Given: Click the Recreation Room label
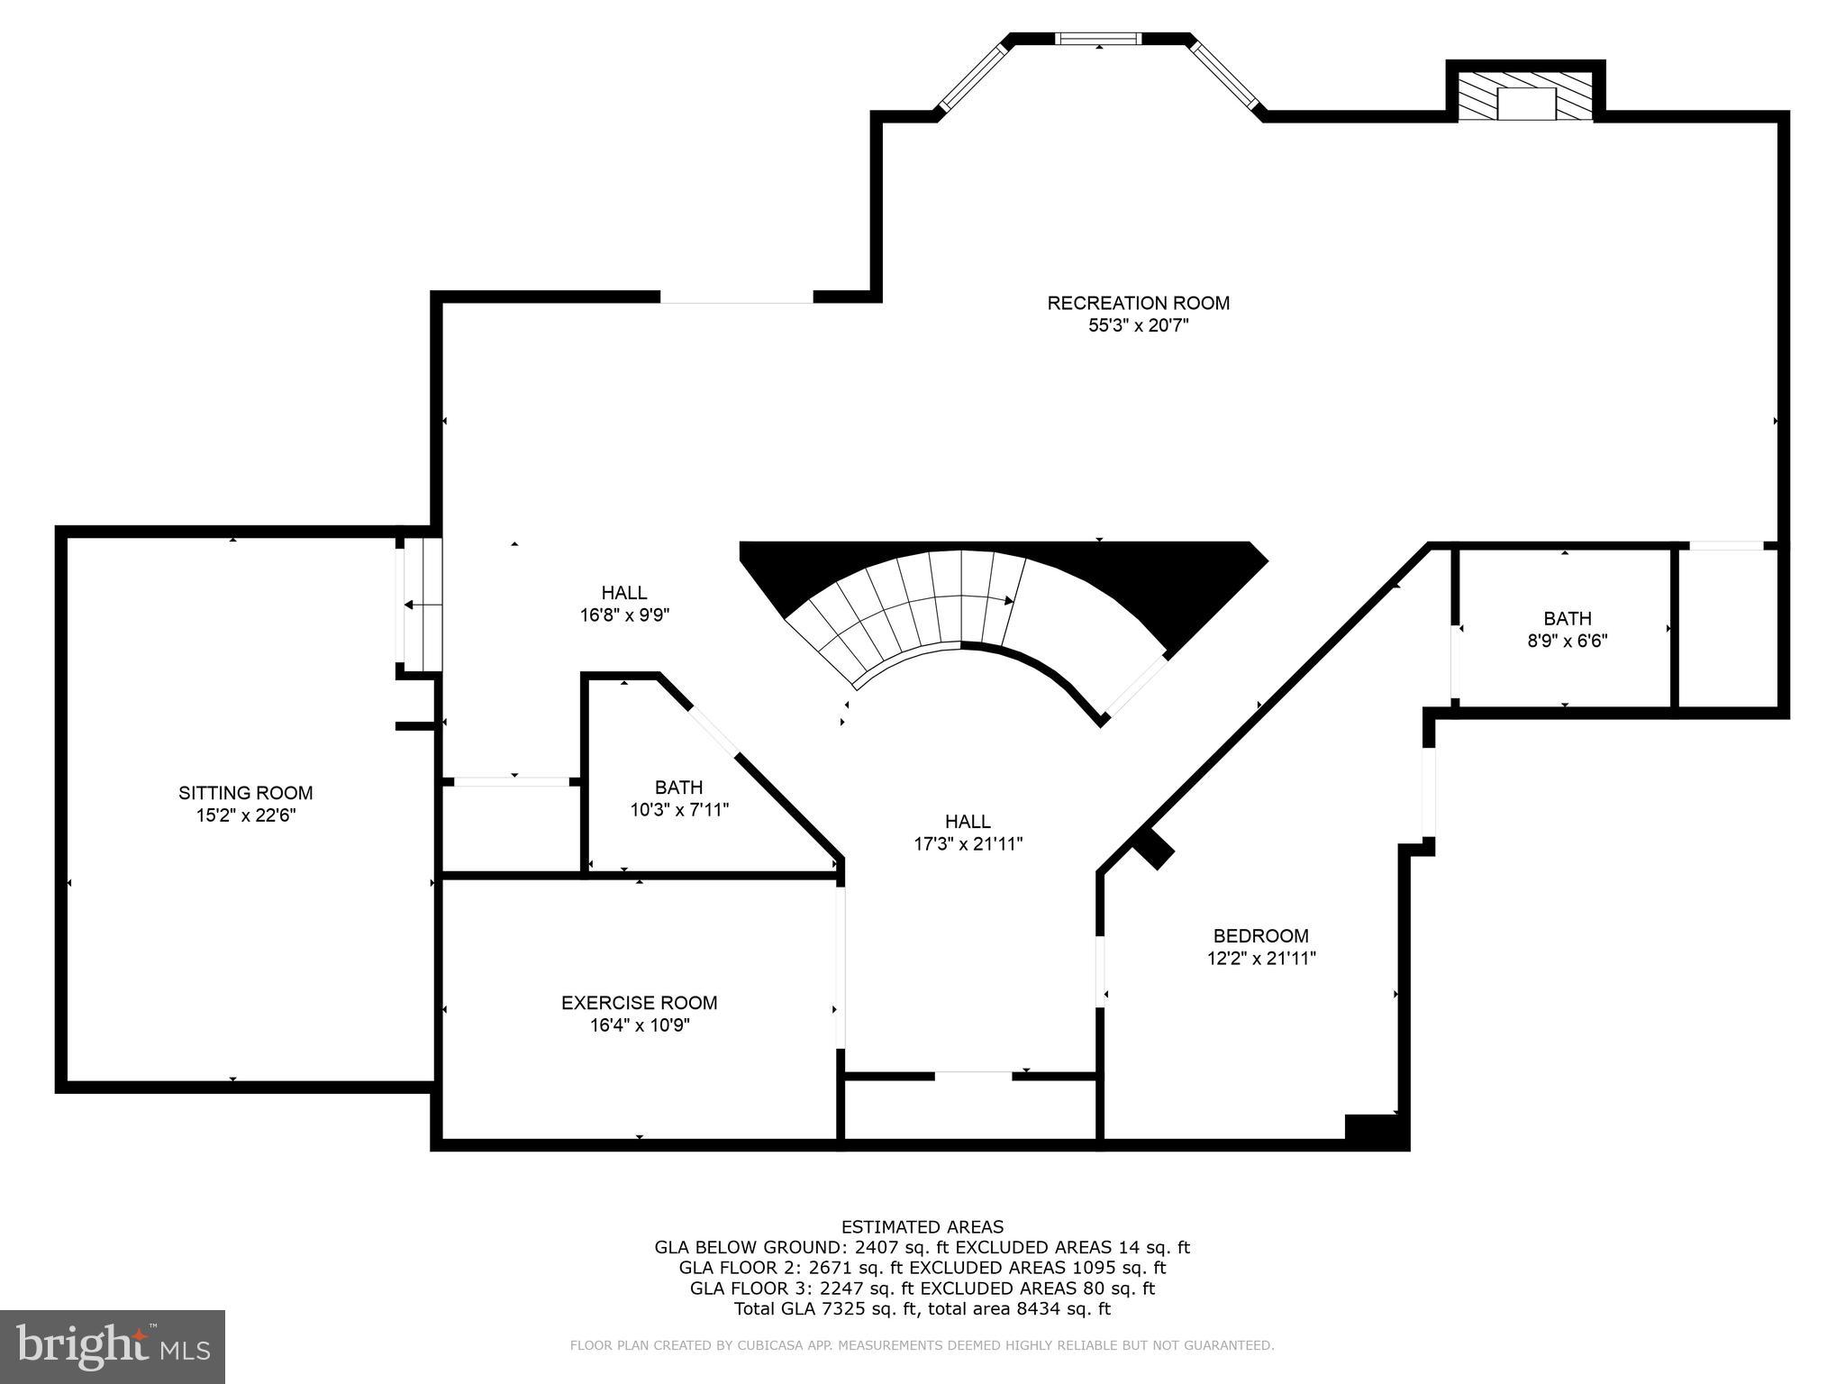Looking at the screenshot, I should coord(1138,304).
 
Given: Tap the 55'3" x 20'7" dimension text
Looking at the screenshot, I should coord(1138,326).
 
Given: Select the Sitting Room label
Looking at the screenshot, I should coord(245,793).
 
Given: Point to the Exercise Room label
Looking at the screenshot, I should coord(639,1003).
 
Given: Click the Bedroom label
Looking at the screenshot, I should coord(1260,936).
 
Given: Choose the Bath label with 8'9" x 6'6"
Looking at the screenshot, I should coord(1567,618).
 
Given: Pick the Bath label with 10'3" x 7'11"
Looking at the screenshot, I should coord(678,788).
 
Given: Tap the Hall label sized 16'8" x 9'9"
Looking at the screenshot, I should coord(623,593).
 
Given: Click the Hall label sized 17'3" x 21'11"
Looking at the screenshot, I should coord(968,822).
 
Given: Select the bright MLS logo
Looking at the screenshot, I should coord(112,1346).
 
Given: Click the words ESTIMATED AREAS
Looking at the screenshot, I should coord(922,1226).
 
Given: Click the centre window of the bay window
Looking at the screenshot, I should coord(1098,39).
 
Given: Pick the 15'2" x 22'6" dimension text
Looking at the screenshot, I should coord(245,815).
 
